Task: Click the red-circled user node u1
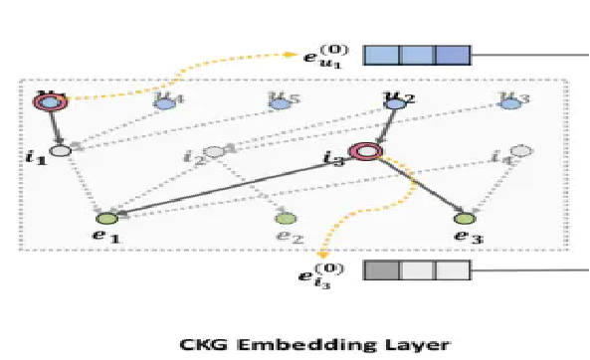tap(47, 102)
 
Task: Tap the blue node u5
tap(281, 102)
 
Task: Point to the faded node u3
tap(511, 101)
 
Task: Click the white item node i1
tap(60, 151)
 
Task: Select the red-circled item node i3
tap(367, 151)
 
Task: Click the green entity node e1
tap(106, 218)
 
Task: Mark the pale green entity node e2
tap(285, 218)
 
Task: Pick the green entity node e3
tap(463, 218)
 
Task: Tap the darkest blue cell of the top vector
tap(451, 54)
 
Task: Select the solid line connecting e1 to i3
tap(239, 184)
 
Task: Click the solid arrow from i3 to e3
tap(416, 185)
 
